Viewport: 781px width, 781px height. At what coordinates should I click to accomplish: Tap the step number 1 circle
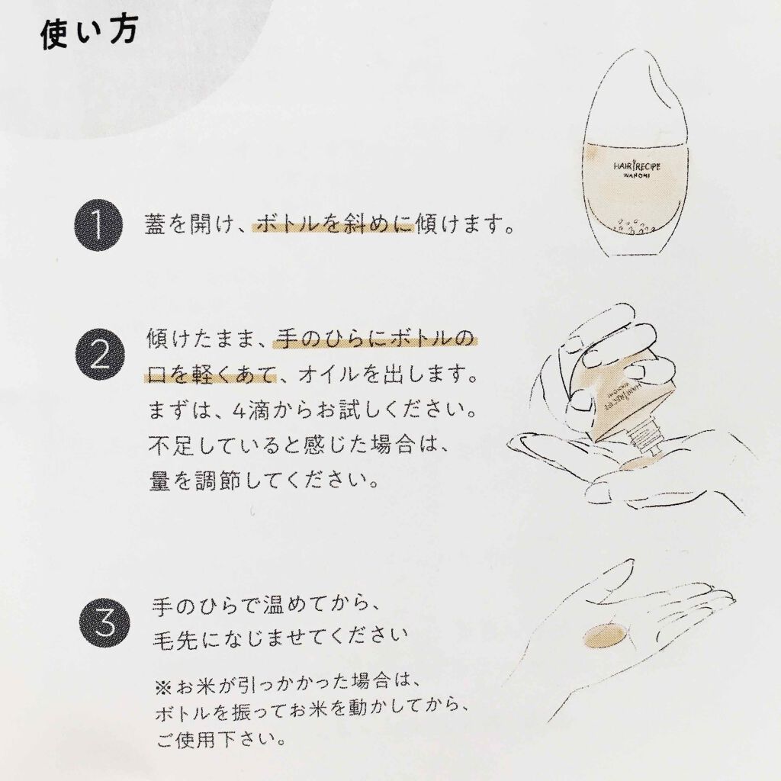click(x=98, y=227)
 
